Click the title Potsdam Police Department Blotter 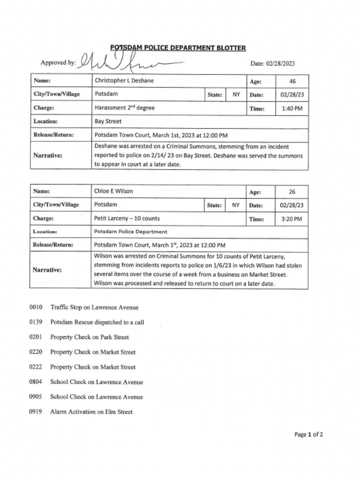coord(178,48)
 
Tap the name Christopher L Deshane coord(124,81)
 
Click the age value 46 coord(292,81)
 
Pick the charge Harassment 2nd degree coord(124,108)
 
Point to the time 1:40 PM coord(292,108)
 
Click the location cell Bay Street coord(108,121)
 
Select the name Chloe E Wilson coord(113,191)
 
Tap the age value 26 coord(292,192)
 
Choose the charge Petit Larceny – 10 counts coord(127,218)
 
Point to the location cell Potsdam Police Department coord(130,232)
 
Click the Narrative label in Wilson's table coord(47,270)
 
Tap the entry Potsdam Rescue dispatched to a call coord(97,322)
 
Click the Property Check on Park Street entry coord(89,337)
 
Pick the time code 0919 coord(36,412)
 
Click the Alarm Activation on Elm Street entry coord(91,412)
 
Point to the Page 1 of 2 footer coord(308,435)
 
